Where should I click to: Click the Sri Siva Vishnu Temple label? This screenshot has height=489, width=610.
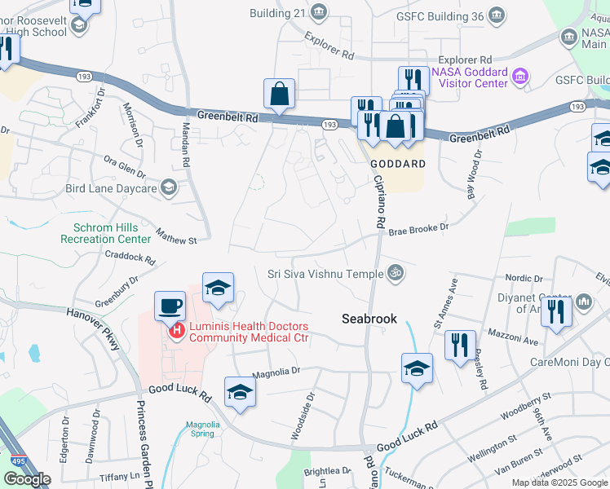[325, 273]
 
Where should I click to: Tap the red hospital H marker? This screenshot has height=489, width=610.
[175, 330]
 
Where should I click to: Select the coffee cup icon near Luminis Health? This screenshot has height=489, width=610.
[170, 306]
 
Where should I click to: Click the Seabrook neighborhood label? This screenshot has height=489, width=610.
[369, 319]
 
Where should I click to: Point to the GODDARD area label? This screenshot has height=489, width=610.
[398, 164]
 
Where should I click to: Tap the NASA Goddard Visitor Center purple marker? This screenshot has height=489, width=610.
[520, 77]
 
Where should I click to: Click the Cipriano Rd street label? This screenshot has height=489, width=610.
[380, 204]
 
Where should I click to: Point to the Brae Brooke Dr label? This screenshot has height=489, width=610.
[418, 230]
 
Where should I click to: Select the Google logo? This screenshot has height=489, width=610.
[27, 479]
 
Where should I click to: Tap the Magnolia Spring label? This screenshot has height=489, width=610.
[203, 429]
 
